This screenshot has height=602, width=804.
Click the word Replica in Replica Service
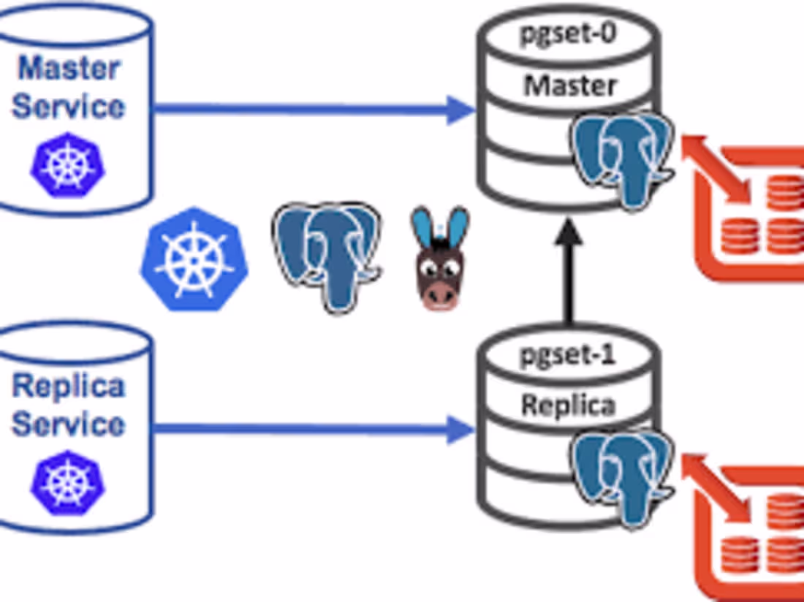pyautogui.click(x=69, y=386)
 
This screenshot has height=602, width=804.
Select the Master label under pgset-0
pyautogui.click(x=570, y=85)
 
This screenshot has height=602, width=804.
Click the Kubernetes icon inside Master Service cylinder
pyautogui.click(x=67, y=165)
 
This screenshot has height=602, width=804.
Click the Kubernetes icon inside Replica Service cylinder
pyautogui.click(x=67, y=483)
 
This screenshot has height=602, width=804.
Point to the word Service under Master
pyautogui.click(x=69, y=106)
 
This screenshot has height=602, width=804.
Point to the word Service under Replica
pyautogui.click(x=69, y=424)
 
